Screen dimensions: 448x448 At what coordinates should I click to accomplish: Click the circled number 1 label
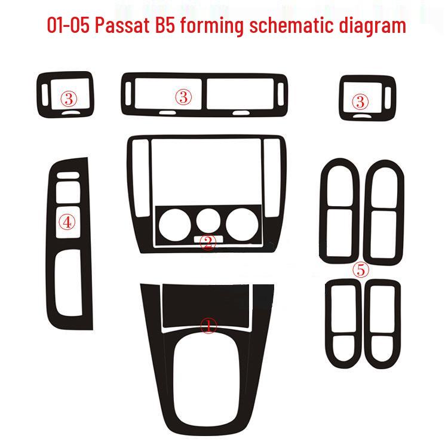[x=208, y=326]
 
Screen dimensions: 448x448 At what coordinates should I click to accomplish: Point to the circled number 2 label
[x=207, y=243]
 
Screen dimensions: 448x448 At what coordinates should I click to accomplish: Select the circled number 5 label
[x=360, y=270]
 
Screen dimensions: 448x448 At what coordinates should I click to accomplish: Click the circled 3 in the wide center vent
[x=183, y=97]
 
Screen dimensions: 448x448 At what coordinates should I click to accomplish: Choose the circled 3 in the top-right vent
[x=360, y=101]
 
